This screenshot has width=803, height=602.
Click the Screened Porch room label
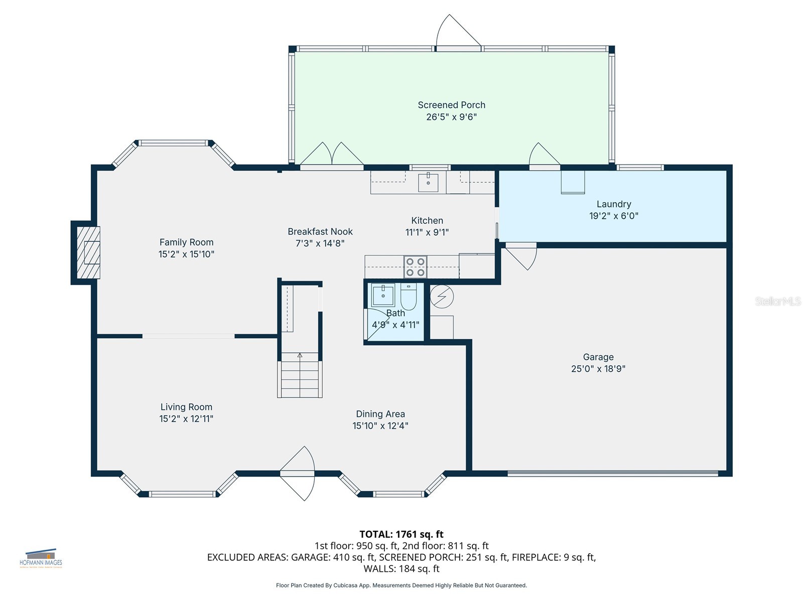tap(451, 105)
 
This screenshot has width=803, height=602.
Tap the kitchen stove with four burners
tap(415, 267)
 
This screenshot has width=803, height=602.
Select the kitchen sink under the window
tap(428, 183)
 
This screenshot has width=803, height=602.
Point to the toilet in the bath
tap(408, 297)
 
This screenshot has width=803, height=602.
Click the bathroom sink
tap(383, 295)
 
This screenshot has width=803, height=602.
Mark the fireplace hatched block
tap(88, 252)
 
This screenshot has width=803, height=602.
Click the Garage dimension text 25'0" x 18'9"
tap(598, 369)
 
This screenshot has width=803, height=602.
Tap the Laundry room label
tap(613, 204)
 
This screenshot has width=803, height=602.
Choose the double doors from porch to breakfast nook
tap(332, 156)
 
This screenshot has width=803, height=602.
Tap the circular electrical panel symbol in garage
tap(442, 296)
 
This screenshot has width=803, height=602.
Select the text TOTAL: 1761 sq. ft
tap(401, 534)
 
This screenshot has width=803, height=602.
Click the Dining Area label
tap(380, 414)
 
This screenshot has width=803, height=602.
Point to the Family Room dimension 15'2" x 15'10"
tap(186, 254)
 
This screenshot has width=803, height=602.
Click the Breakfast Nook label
tap(320, 232)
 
